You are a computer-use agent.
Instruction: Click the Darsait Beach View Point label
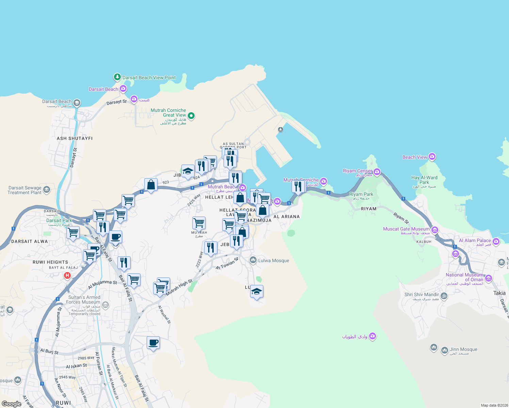tap(149, 78)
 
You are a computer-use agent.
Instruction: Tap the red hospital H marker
tap(67, 275)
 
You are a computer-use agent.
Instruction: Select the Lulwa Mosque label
tap(274, 261)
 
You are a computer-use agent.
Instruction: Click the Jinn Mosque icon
tap(444, 350)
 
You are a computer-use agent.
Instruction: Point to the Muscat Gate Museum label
tap(406, 229)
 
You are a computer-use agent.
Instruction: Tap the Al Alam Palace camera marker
tap(496, 241)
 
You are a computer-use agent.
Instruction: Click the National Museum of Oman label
tap(464, 277)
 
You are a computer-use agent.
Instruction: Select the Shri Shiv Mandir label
tap(422, 295)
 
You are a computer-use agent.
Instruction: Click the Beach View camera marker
tap(432, 157)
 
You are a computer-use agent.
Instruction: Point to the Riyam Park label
tap(361, 194)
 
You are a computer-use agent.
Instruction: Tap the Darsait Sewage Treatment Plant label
tap(24, 190)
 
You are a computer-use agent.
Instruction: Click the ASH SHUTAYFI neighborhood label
tap(75, 138)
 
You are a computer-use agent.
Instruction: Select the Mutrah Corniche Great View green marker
tap(191, 116)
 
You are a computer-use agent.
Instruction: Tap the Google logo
tap(12, 404)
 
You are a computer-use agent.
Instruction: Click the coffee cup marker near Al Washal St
tap(153, 342)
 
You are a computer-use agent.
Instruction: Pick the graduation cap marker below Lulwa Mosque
tap(257, 291)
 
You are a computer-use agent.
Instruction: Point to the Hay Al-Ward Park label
tap(424, 180)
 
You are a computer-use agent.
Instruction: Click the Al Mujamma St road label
tap(102, 285)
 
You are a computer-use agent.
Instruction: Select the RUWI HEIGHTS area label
tap(50, 262)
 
